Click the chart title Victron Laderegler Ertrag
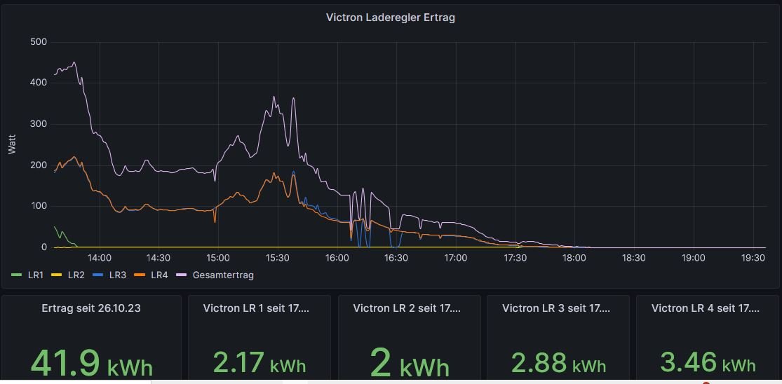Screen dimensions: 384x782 coord(390,18)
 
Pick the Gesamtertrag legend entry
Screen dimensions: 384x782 coord(217,275)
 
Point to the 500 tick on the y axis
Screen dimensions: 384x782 coord(39,42)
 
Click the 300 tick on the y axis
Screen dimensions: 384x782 coord(39,124)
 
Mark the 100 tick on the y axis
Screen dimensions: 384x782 coord(39,206)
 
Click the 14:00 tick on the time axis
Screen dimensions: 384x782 coord(100,258)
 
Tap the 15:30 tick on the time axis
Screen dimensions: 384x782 coord(278,258)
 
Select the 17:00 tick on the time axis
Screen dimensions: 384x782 coord(456,258)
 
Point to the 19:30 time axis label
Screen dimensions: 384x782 coord(753,258)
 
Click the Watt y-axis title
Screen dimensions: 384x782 coord(12,144)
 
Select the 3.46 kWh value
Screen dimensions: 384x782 coord(708,363)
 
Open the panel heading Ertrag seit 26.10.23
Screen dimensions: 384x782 coord(91,308)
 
